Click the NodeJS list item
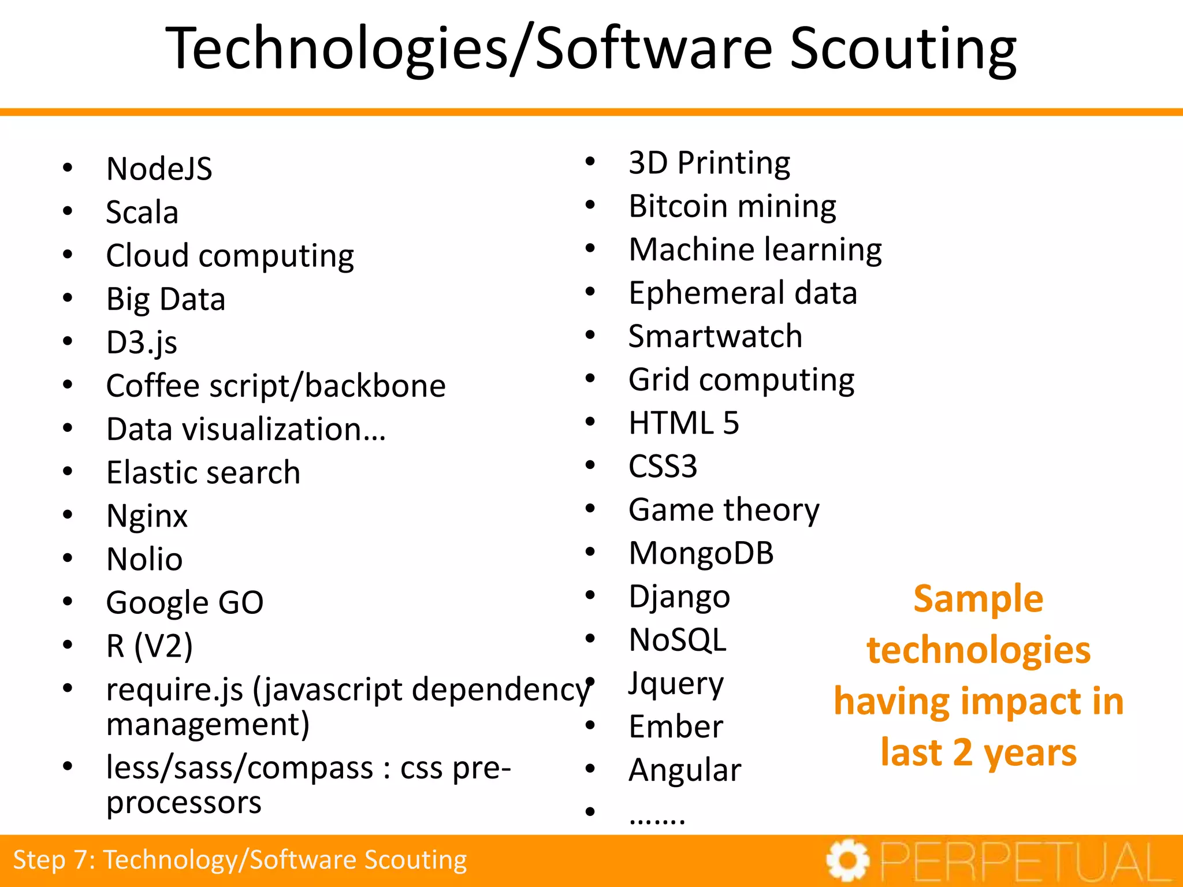tap(159, 169)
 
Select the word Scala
tap(142, 213)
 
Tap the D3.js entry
tap(142, 343)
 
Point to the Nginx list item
tap(147, 516)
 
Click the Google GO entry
tap(185, 603)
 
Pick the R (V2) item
tap(150, 646)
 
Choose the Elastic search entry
tap(203, 473)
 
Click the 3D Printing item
tap(709, 163)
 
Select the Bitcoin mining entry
tap(732, 206)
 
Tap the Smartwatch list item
tap(715, 337)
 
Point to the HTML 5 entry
tap(683, 423)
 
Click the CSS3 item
tap(663, 467)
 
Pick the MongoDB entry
tap(701, 553)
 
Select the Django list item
tap(679, 597)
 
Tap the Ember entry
tap(675, 727)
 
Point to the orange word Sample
tap(978, 599)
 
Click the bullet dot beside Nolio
tap(68, 558)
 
